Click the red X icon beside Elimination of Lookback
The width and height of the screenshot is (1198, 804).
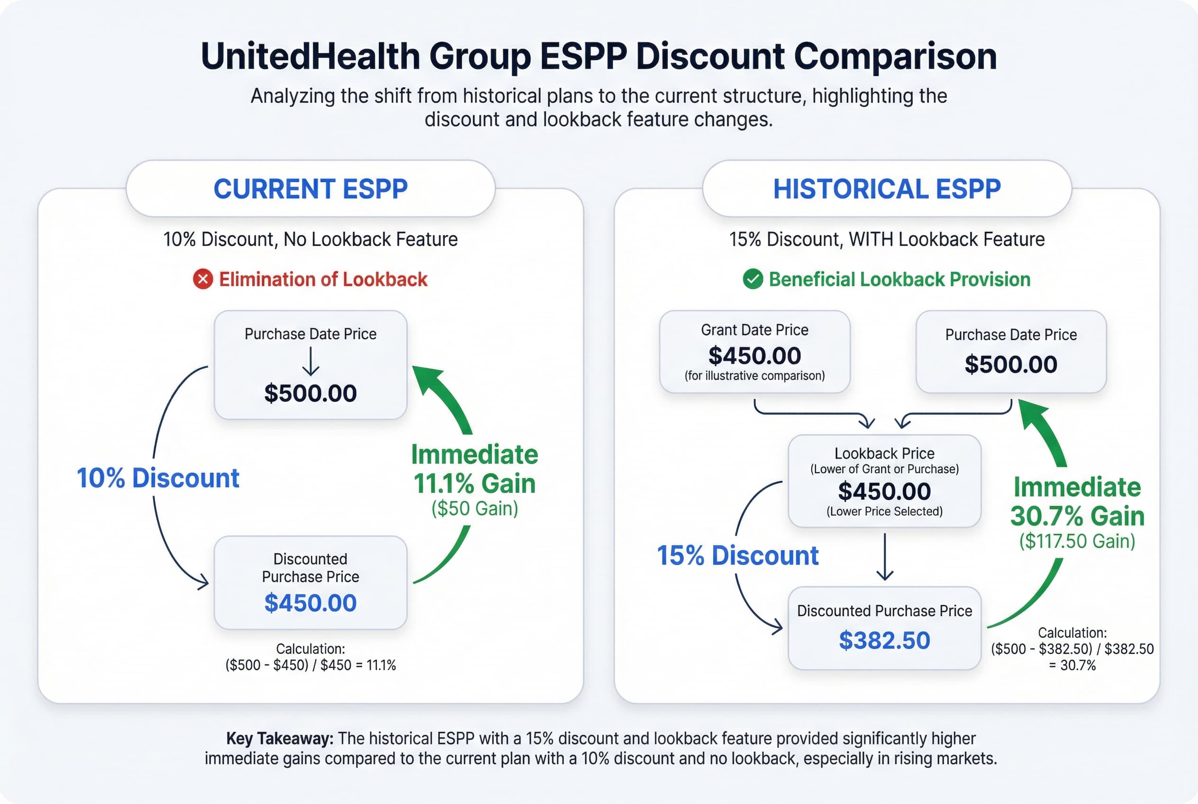pos(203,279)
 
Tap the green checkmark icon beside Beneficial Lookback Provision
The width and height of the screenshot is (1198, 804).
pos(753,279)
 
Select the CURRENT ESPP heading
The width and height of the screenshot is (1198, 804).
pos(311,189)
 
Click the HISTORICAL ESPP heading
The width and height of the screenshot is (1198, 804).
pos(887,189)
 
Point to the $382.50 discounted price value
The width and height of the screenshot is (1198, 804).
pos(884,640)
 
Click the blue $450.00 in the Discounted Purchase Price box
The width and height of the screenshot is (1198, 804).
pos(311,603)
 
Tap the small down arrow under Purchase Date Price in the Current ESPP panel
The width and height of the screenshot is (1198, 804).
pos(311,362)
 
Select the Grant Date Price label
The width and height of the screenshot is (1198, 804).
pos(754,329)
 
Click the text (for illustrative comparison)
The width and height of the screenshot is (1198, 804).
pos(754,376)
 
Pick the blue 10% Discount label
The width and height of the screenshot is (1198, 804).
pos(158,478)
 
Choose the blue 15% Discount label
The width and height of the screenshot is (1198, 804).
pos(738,555)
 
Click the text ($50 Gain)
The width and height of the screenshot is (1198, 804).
pos(475,508)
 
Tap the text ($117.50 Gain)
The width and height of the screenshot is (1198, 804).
pos(1077,541)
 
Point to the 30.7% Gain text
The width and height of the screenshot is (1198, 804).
pos(1077,516)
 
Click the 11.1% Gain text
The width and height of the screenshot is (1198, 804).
pos(475,484)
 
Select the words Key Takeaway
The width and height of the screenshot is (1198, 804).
pos(280,739)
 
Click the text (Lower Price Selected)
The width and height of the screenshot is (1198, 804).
pos(884,511)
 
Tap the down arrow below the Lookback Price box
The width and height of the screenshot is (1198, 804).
pos(885,557)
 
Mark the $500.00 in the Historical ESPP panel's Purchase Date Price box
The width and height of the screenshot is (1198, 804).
pos(1011,364)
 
